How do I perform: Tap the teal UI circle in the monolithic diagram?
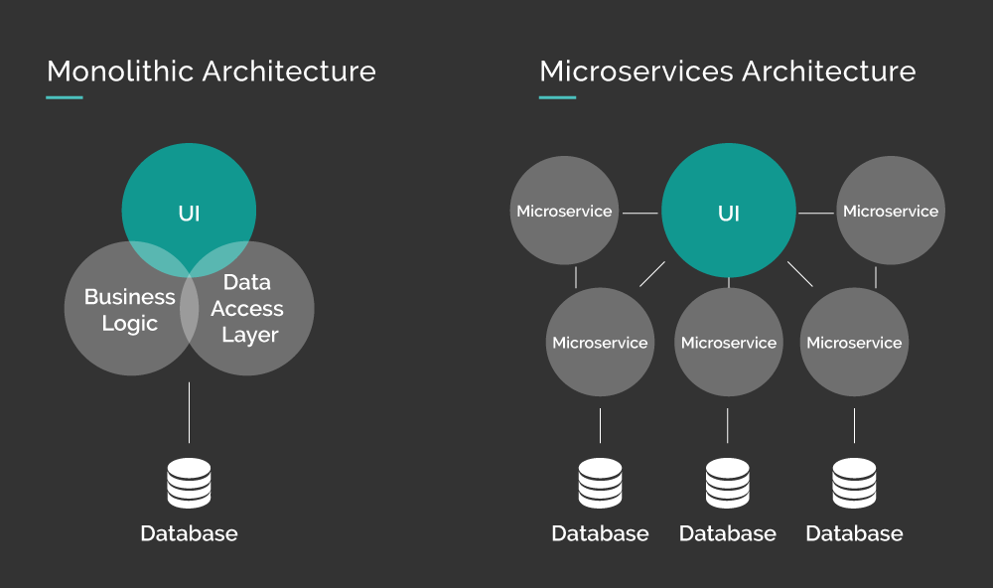(x=189, y=199)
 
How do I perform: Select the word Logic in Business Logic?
(x=129, y=324)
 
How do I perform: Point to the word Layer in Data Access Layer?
(x=249, y=335)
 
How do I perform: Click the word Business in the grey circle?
(x=129, y=297)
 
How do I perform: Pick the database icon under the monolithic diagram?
(x=189, y=483)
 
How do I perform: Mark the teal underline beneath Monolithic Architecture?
(x=65, y=97)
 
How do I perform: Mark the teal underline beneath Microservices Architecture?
(x=557, y=97)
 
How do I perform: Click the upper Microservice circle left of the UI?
(x=564, y=212)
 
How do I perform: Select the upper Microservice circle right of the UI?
(x=890, y=212)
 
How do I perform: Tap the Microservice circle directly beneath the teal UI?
(x=728, y=343)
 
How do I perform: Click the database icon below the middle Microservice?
(x=728, y=483)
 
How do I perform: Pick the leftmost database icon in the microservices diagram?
(x=600, y=483)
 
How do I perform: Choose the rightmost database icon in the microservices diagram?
(x=854, y=483)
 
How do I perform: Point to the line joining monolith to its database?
(x=189, y=411)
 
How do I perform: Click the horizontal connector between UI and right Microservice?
(x=815, y=213)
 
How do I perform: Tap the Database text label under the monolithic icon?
(x=189, y=533)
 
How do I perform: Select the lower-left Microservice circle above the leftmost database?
(x=600, y=343)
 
